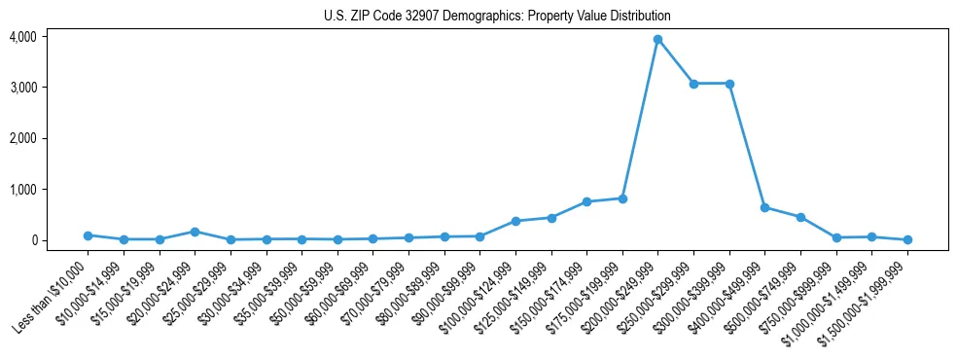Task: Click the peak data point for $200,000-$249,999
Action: point(657,39)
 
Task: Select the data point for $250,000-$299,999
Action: point(693,84)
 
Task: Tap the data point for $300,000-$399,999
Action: point(729,84)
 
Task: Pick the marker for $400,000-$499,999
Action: point(764,207)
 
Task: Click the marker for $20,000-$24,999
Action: point(195,232)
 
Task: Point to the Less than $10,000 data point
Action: point(88,235)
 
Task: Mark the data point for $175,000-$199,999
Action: point(622,198)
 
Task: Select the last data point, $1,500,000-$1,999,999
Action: point(907,239)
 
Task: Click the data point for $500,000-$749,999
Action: point(800,217)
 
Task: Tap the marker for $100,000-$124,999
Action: point(515,221)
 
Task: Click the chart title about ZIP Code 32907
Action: point(497,17)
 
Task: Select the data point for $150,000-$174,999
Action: point(586,201)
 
